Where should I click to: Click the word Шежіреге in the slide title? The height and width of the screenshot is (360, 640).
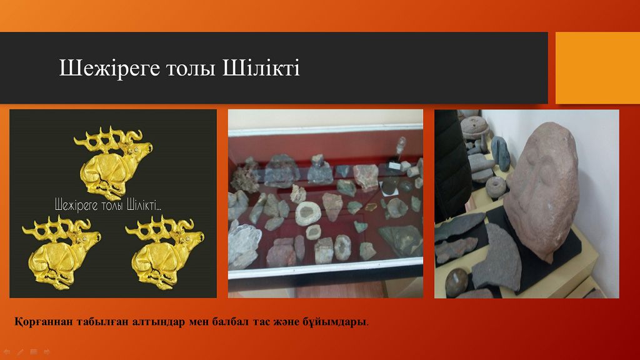[110, 68]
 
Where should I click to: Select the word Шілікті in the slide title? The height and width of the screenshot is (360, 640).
[261, 67]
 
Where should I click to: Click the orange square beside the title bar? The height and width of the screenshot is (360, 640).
[597, 67]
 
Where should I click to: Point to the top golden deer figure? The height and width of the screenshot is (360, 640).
[112, 163]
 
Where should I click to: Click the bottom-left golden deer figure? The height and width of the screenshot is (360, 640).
[61, 253]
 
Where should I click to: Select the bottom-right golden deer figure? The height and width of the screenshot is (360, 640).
[164, 253]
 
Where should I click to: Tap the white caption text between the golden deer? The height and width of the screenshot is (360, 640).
[108, 204]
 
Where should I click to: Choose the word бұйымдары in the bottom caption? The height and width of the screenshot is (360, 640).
[334, 322]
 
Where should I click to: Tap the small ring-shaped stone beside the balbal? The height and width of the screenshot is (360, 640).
[496, 187]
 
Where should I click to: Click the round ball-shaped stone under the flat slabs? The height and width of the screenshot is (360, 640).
[456, 282]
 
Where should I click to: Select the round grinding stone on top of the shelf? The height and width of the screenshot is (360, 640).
[476, 124]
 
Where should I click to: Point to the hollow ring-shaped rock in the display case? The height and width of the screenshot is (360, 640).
[308, 213]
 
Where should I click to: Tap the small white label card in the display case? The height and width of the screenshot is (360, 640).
[394, 165]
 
